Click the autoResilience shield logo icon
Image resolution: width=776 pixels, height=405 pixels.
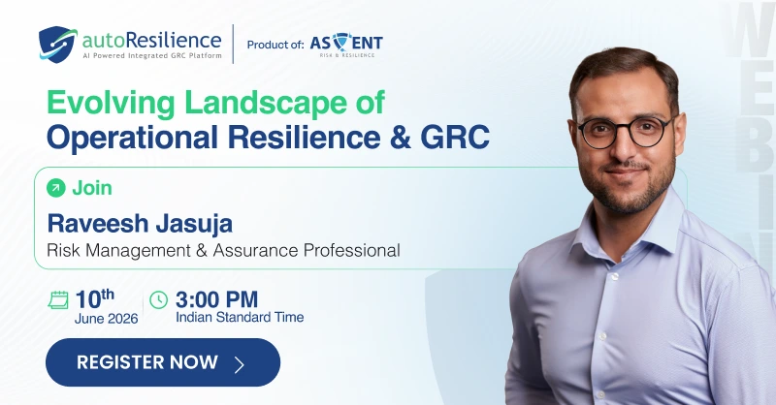coord(58,45)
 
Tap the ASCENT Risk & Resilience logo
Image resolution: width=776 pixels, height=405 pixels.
coord(346,45)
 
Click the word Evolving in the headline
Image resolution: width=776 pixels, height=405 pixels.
coord(111,104)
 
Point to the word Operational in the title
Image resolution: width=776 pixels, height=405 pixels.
coord(132,137)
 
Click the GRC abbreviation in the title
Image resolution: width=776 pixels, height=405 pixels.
coord(455,137)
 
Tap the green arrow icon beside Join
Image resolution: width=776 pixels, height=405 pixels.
coord(56,188)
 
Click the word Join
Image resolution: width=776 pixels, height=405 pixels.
coord(92,188)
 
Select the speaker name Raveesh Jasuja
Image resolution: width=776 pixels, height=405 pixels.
coord(140,223)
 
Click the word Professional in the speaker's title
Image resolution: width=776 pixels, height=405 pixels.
coord(352,250)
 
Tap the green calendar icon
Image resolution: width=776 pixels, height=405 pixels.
coord(58,299)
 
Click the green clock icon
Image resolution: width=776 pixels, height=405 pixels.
coord(159,299)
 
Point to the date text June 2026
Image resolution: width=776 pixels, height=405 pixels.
coord(107,319)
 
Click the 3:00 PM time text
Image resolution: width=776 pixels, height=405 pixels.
coord(216,299)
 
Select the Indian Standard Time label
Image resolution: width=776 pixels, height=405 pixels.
coord(240,317)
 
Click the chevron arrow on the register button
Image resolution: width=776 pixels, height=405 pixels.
coord(240,364)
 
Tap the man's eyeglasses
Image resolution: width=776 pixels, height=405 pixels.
coord(625,132)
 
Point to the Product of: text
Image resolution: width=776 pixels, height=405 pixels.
coord(275,45)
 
